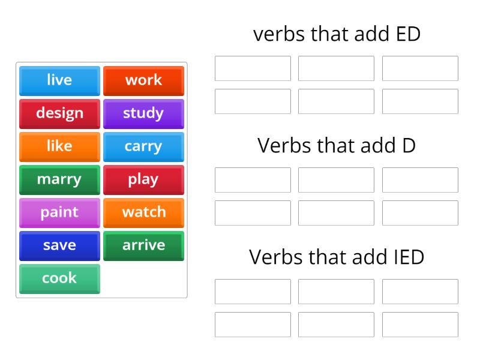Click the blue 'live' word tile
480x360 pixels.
click(x=59, y=81)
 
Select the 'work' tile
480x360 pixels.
click(x=143, y=81)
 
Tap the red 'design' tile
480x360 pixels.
click(x=59, y=114)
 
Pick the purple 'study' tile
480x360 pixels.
click(x=143, y=114)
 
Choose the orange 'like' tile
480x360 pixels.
click(x=59, y=147)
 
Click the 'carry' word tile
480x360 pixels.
click(x=143, y=147)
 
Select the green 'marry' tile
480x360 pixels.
click(x=59, y=180)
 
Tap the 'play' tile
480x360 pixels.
click(x=143, y=180)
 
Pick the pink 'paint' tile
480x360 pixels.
click(x=59, y=213)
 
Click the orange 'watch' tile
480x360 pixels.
click(x=143, y=213)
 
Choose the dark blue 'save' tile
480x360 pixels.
click(x=59, y=246)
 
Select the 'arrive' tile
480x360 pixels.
click(x=143, y=246)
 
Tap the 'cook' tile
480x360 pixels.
click(x=59, y=279)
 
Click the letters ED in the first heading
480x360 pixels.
click(x=408, y=34)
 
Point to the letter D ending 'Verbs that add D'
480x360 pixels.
click(x=409, y=145)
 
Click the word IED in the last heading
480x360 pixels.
click(x=409, y=257)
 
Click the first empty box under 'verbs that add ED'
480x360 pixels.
click(x=253, y=68)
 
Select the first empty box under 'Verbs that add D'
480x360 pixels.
click(x=253, y=180)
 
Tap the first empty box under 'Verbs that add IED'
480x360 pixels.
click(x=253, y=292)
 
